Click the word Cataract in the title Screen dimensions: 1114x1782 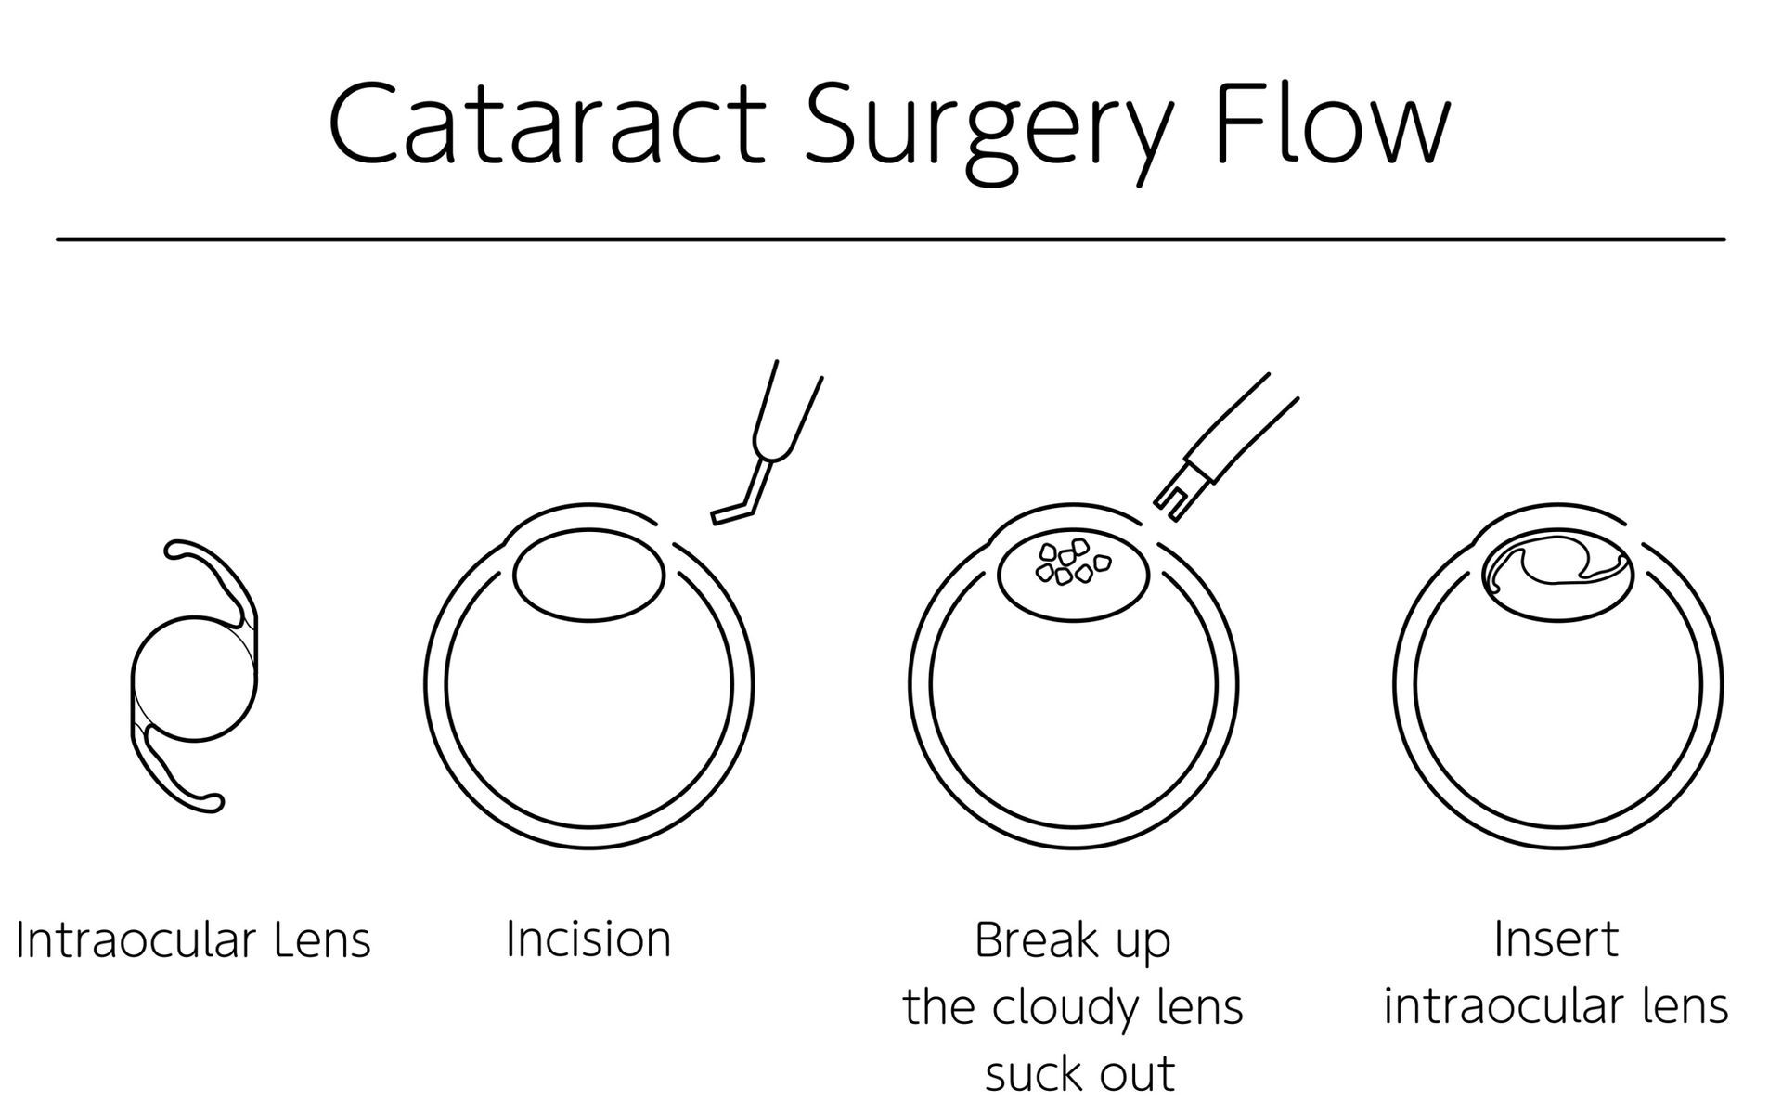tap(548, 125)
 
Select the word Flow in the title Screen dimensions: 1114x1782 tap(1333, 125)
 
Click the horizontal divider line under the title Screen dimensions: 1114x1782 tap(891, 240)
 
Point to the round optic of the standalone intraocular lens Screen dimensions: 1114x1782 tap(193, 680)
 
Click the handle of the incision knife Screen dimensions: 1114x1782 tap(789, 408)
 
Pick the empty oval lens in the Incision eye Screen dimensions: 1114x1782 tap(589, 576)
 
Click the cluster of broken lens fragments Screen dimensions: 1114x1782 tap(1072, 563)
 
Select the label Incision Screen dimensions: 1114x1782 tap(588, 939)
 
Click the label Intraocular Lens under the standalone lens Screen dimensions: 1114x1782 tap(193, 939)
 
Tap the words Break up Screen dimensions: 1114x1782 tap(1072, 941)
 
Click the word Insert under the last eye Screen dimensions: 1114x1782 tap(1556, 939)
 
